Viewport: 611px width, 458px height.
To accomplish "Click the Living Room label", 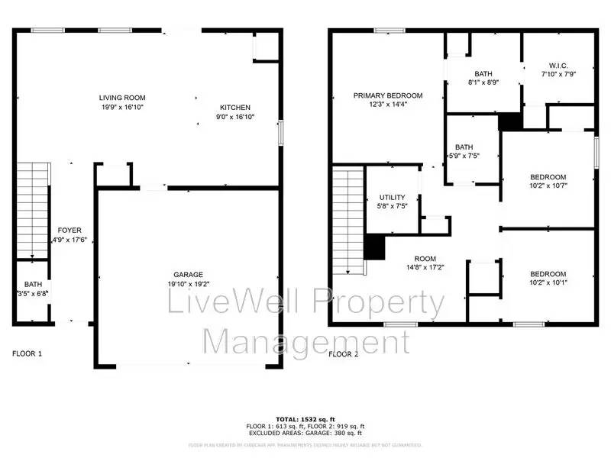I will coord(122,98).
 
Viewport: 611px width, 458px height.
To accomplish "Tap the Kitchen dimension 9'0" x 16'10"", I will coord(235,118).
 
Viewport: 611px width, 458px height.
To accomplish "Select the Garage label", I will coord(187,274).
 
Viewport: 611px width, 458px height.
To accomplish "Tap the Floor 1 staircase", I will coord(32,210).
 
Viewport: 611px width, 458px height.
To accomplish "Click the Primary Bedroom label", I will coord(387,95).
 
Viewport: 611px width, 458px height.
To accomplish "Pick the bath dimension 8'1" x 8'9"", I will coord(483,82).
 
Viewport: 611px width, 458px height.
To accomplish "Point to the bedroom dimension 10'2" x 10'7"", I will coord(548,185).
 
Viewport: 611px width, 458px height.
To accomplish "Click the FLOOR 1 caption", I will coord(27,353).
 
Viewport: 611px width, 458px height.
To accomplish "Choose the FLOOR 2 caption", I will coord(343,353).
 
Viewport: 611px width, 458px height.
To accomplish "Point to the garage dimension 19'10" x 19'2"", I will coord(187,284).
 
